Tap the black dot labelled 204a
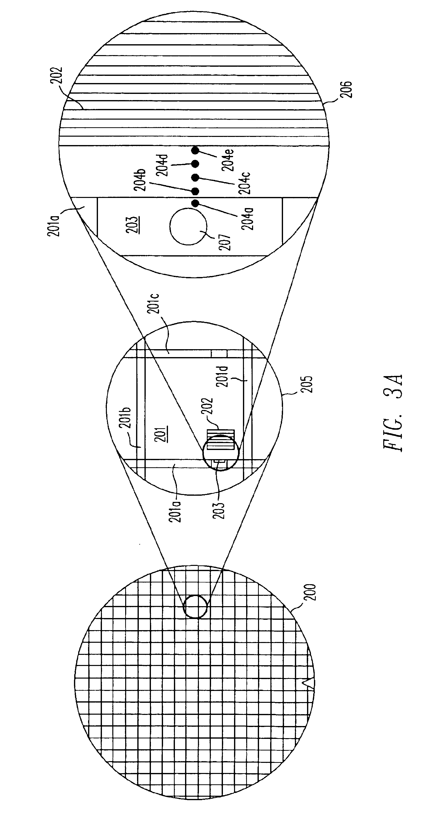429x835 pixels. (195, 203)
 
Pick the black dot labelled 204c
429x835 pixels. (195, 177)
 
